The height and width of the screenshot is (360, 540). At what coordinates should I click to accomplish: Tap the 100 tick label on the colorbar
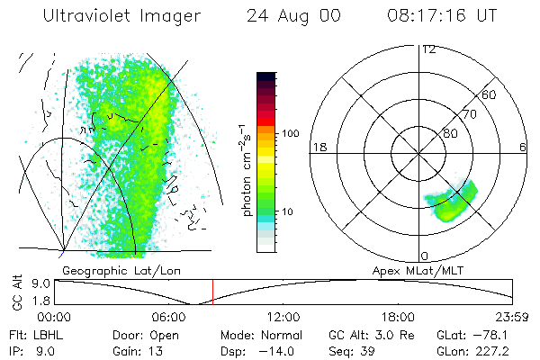pos(290,133)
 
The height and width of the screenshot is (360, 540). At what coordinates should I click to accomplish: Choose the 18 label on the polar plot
pos(318,148)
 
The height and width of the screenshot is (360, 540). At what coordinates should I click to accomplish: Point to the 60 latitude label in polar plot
pos(490,94)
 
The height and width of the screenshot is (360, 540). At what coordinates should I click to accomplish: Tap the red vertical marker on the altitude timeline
pos(212,292)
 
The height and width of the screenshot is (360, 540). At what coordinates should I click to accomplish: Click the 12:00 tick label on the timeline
pos(283,316)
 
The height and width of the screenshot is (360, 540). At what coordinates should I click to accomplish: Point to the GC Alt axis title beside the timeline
pos(15,292)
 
